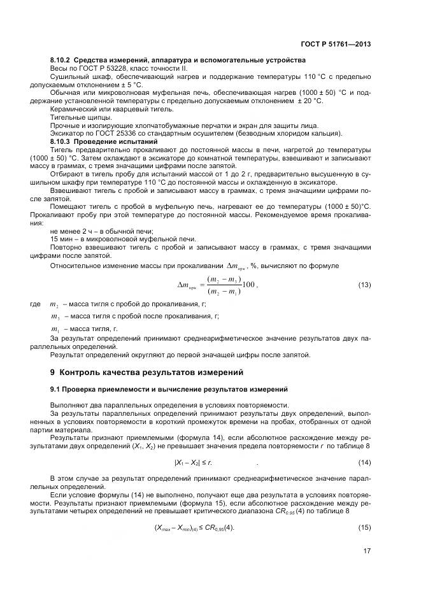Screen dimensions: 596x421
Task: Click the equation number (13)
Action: click(364, 285)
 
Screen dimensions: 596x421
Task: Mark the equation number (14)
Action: click(364, 461)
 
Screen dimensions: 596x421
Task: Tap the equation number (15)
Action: click(364, 527)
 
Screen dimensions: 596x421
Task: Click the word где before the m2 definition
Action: click(35, 305)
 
